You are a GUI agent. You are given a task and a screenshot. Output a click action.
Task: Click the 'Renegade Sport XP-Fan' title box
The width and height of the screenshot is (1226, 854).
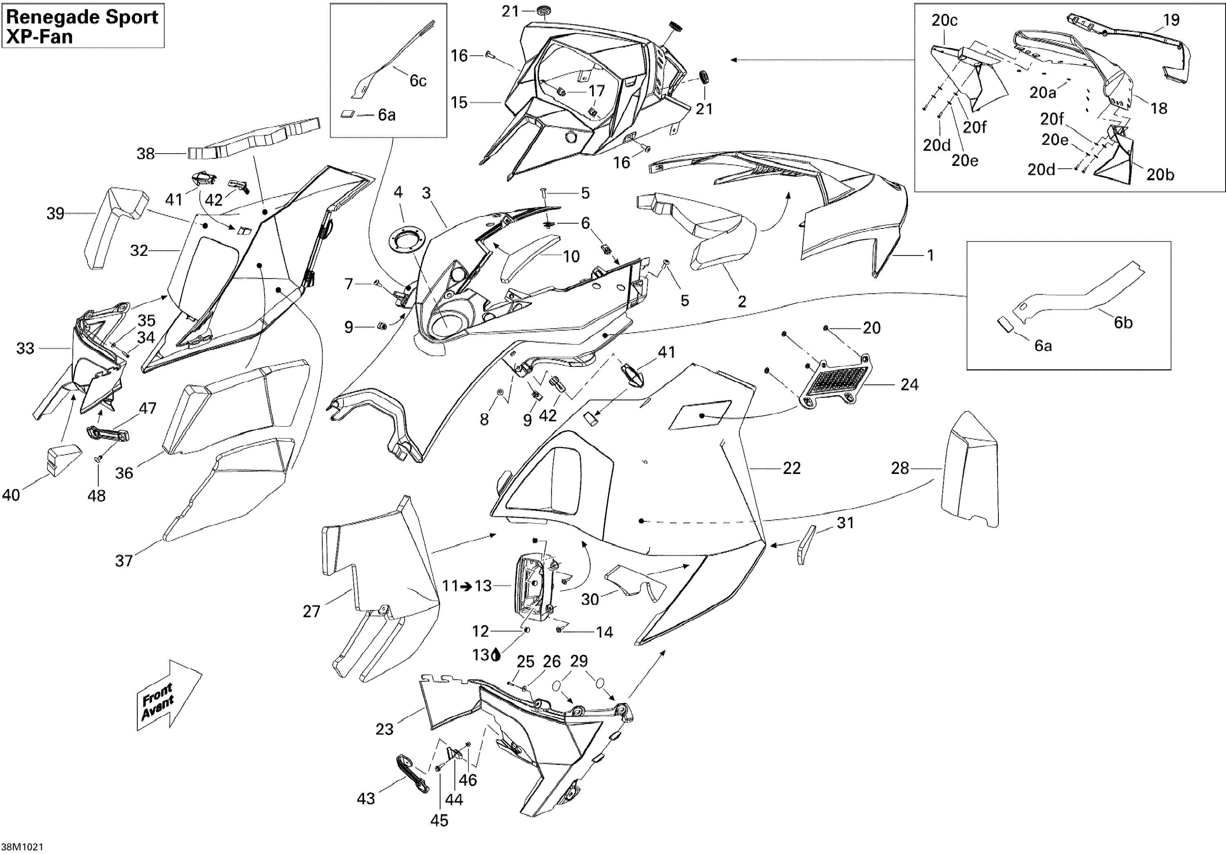pyautogui.click(x=83, y=26)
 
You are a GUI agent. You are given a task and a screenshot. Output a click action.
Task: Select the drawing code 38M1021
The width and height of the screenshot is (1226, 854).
pyautogui.click(x=22, y=847)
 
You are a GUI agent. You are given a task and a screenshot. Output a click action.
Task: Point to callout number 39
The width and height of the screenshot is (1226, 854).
pyautogui.click(x=56, y=213)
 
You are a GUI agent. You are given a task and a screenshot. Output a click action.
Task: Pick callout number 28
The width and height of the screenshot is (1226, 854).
pyautogui.click(x=900, y=468)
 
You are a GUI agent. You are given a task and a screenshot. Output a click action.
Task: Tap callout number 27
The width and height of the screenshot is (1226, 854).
pyautogui.click(x=311, y=611)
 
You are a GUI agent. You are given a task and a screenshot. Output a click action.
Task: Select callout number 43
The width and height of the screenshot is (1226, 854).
pyautogui.click(x=366, y=798)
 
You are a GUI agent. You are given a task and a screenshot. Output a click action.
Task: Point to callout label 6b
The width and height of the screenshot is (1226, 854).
pyautogui.click(x=1123, y=322)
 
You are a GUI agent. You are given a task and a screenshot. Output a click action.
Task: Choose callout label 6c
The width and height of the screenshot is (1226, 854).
pyautogui.click(x=418, y=80)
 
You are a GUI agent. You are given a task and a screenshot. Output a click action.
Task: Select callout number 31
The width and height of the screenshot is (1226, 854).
pyautogui.click(x=845, y=523)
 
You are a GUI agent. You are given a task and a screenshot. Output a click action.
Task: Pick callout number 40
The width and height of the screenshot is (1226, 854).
pyautogui.click(x=11, y=495)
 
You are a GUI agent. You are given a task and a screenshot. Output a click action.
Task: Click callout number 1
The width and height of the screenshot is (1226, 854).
pyautogui.click(x=930, y=256)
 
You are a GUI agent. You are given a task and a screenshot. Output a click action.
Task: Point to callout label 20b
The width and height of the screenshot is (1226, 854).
pyautogui.click(x=1160, y=174)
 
